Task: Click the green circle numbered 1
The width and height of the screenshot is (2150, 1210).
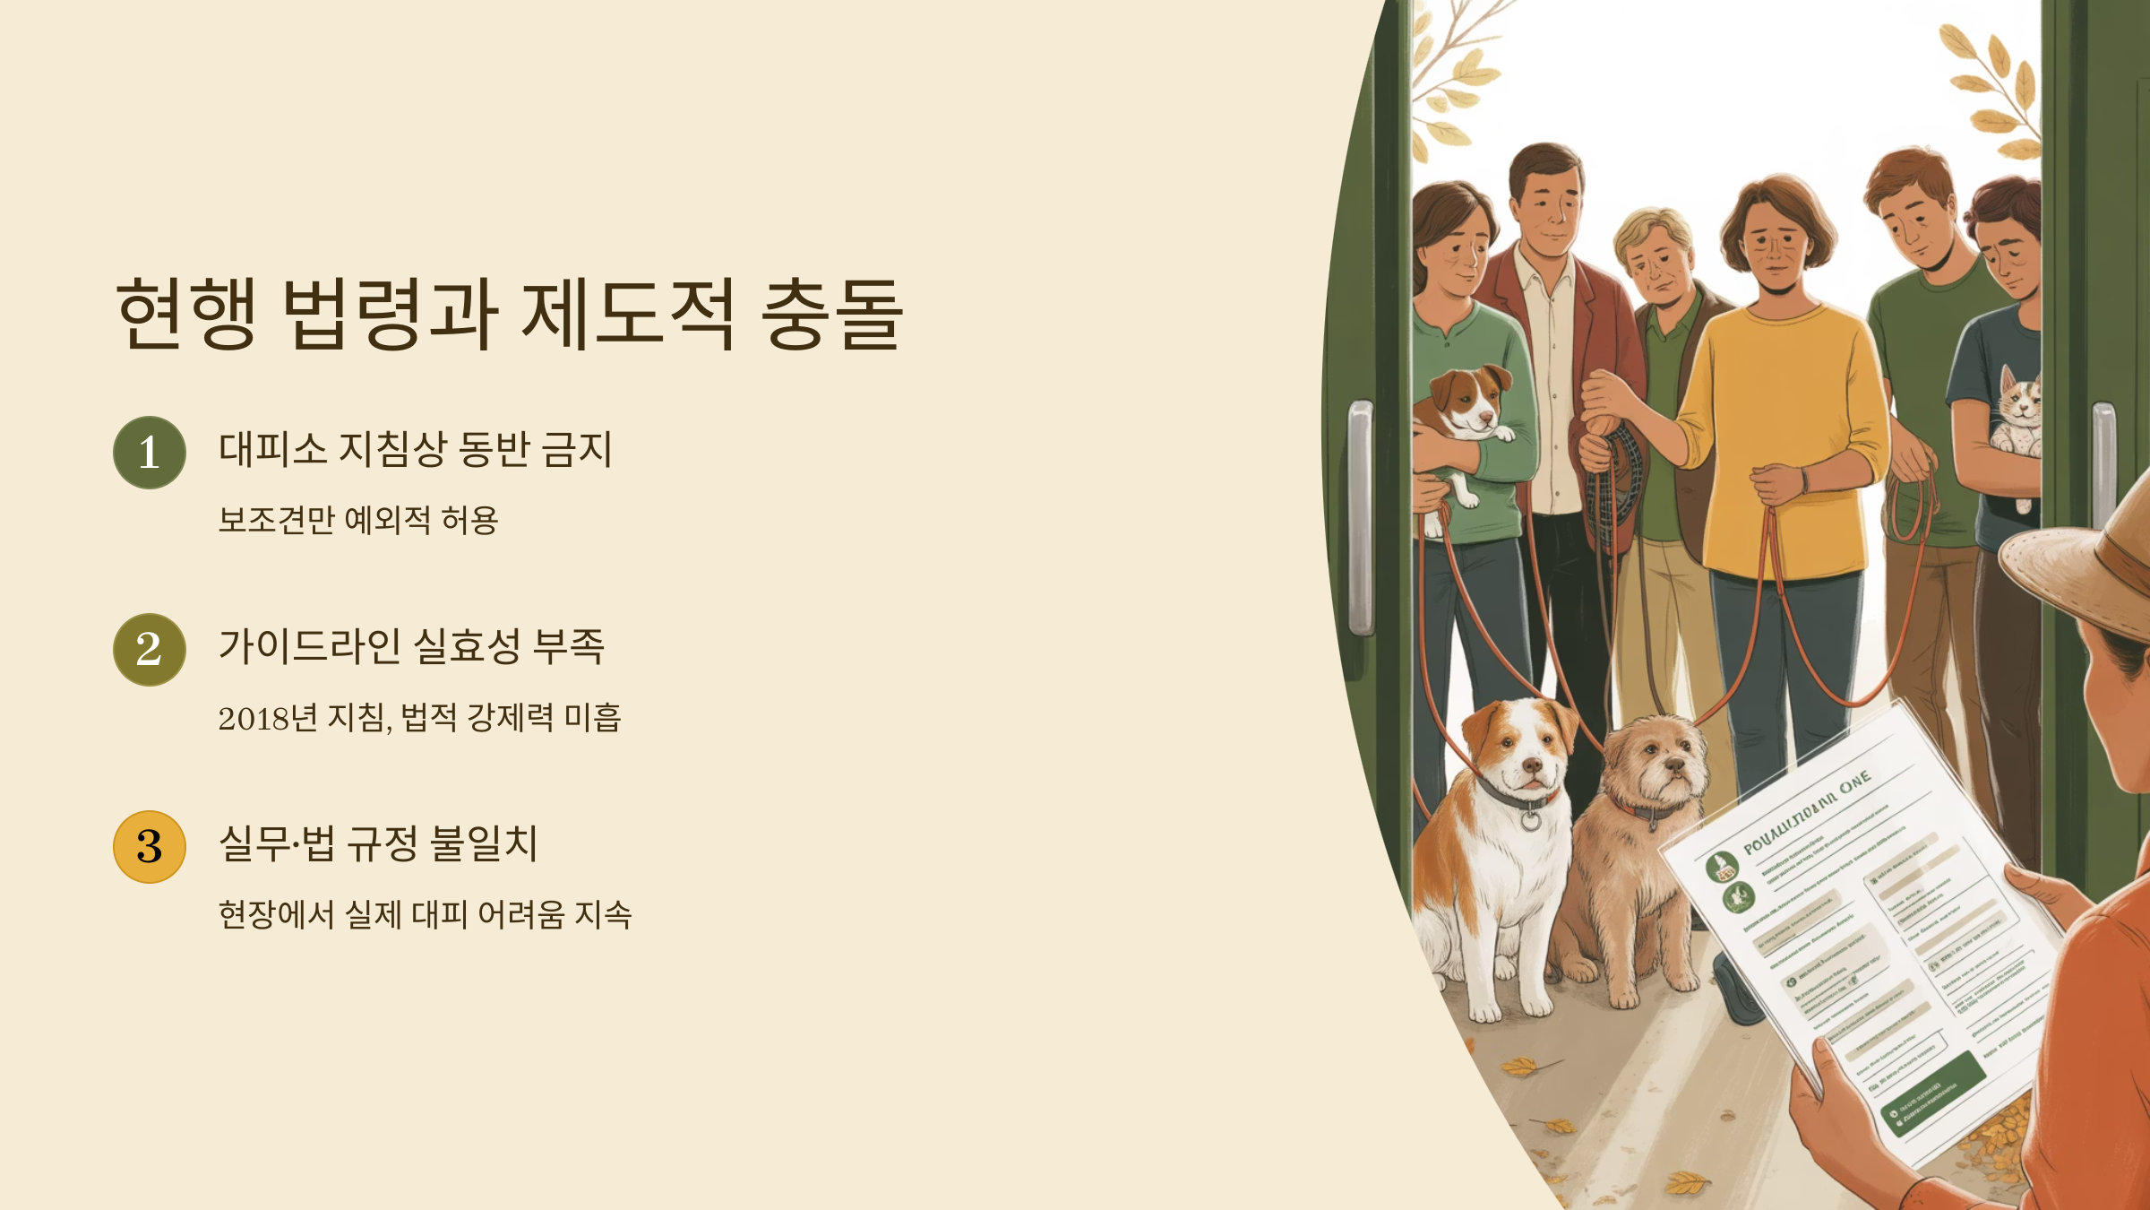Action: pos(150,453)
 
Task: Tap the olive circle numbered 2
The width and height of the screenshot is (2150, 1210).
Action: pos(150,650)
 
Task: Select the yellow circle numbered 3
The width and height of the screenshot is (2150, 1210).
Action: pos(150,847)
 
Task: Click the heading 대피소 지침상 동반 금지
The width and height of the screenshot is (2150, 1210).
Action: pos(416,449)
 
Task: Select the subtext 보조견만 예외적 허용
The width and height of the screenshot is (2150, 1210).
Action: pos(358,520)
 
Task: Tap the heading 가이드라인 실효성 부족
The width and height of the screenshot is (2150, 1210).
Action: pos(412,646)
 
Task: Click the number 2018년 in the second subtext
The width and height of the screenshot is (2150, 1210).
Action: pos(268,718)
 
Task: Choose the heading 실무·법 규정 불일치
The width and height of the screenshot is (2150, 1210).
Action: pos(378,843)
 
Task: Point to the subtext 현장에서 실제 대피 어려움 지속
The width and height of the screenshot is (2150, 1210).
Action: pos(425,915)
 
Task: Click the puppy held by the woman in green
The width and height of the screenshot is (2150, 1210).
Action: pos(1465,412)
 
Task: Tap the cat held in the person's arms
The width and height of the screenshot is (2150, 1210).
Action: pos(2016,412)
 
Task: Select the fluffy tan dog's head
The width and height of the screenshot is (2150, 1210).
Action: pos(1653,762)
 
